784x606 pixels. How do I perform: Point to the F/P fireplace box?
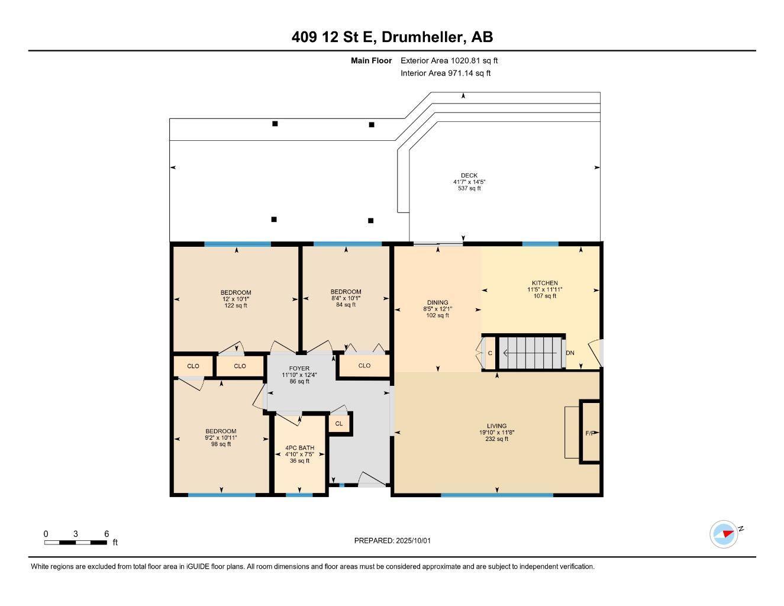click(590, 433)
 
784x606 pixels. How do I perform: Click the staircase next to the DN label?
click(530, 353)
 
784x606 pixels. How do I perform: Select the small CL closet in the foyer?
click(339, 424)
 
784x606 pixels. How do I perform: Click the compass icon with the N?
click(724, 534)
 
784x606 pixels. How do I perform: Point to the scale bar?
click(76, 541)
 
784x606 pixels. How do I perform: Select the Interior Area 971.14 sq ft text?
click(446, 73)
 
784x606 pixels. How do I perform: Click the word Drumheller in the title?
click(422, 37)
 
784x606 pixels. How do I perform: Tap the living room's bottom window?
click(497, 495)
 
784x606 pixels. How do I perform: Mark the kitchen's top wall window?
click(540, 244)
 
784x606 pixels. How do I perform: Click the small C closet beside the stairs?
click(490, 353)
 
